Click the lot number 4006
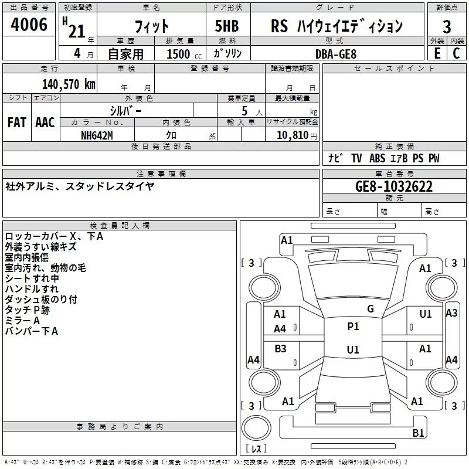29,25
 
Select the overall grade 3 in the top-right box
447,27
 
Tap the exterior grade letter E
437,53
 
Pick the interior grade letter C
456,53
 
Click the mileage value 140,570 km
69,84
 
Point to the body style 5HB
227,26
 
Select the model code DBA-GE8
336,54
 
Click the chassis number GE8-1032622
394,186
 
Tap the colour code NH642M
97,135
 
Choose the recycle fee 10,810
293,135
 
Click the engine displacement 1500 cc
184,54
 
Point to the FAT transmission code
17,123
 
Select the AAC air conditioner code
45,123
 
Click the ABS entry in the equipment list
377,158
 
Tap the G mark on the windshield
371,309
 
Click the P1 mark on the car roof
353,327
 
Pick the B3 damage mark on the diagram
280,348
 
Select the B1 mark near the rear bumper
418,433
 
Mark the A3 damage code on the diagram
451,313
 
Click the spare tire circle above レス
256,428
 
